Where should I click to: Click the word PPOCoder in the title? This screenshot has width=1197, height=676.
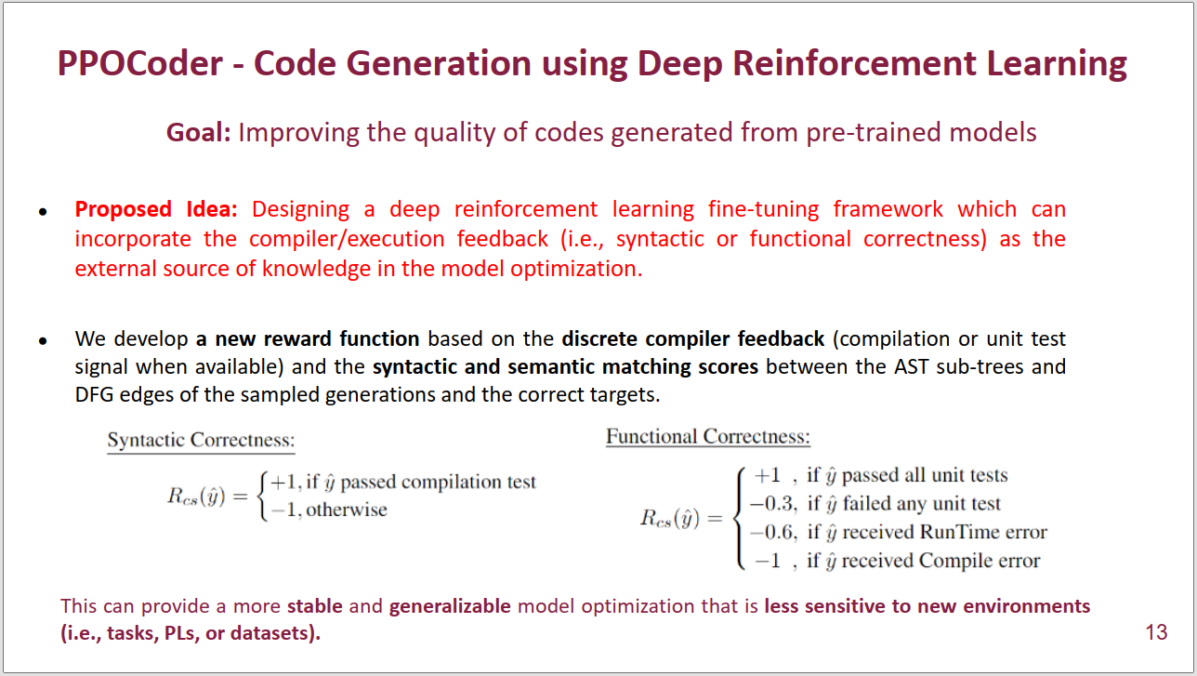pyautogui.click(x=140, y=63)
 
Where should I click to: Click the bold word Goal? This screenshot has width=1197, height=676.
pyautogui.click(x=198, y=133)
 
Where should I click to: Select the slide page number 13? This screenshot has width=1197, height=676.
pyautogui.click(x=1156, y=632)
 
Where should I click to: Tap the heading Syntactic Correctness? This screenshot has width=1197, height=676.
pyautogui.click(x=201, y=440)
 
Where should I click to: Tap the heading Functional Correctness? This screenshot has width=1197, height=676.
pyautogui.click(x=708, y=437)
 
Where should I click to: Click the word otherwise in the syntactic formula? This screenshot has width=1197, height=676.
pyautogui.click(x=347, y=510)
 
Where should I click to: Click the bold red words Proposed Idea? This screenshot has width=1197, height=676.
pyautogui.click(x=156, y=209)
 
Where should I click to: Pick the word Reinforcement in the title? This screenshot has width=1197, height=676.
pyautogui.click(x=854, y=63)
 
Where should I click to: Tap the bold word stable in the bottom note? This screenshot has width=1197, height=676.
pyautogui.click(x=315, y=606)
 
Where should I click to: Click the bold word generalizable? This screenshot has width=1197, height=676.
pyautogui.click(x=450, y=606)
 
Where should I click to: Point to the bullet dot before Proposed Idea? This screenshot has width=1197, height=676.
pyautogui.click(x=44, y=212)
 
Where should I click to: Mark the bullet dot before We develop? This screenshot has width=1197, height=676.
pyautogui.click(x=44, y=340)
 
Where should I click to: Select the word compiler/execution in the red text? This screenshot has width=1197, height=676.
pyautogui.click(x=347, y=239)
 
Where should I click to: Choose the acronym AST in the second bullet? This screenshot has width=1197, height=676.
pyautogui.click(x=911, y=367)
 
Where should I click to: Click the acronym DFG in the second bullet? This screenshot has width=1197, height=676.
pyautogui.click(x=94, y=394)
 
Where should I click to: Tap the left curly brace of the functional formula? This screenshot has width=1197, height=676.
pyautogui.click(x=739, y=518)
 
